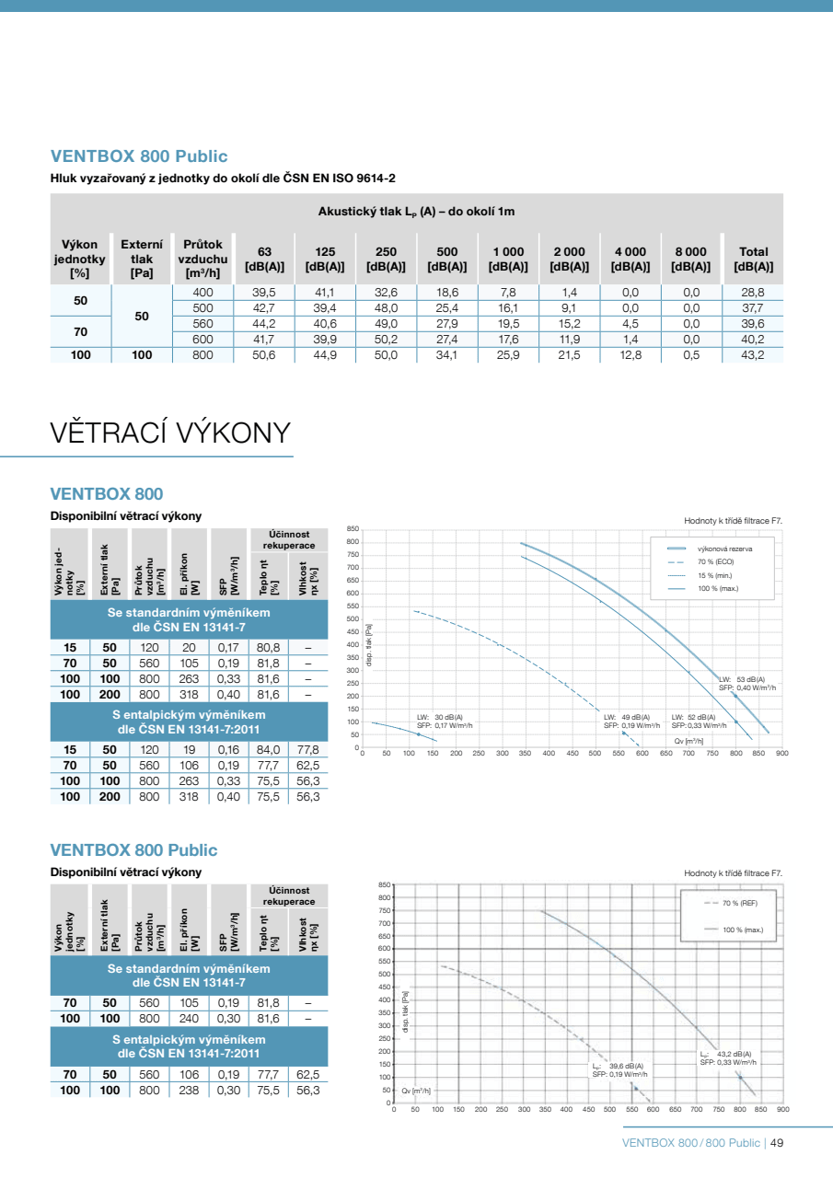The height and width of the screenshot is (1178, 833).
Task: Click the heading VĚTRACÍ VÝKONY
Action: click(171, 432)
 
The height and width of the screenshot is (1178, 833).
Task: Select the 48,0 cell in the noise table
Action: click(387, 308)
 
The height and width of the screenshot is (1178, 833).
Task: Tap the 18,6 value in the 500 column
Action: click(447, 292)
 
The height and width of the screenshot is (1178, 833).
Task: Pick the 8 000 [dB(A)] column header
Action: click(690, 259)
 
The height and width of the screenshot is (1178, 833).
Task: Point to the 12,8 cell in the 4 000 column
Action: click(630, 354)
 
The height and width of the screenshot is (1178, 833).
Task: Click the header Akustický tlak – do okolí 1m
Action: click(416, 212)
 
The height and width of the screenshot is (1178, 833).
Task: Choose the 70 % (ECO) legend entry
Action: click(715, 561)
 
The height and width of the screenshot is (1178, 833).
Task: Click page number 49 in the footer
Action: click(776, 1143)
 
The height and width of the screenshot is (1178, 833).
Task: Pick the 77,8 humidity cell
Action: click(308, 750)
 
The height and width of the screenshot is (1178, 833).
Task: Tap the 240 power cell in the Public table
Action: click(190, 1019)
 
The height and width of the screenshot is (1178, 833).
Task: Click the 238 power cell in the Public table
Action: click(190, 1091)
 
